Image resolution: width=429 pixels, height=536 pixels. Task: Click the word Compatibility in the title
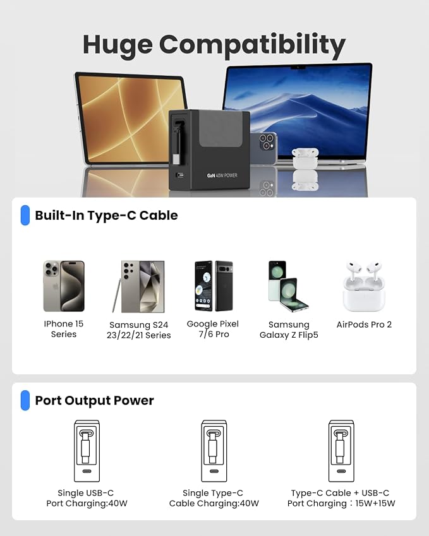(252, 45)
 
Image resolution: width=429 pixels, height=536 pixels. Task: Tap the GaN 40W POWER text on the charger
(222, 176)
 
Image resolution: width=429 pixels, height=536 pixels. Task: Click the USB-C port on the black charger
(180, 176)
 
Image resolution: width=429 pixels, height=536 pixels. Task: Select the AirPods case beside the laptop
(305, 158)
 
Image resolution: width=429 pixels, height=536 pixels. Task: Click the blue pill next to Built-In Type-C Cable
(25, 215)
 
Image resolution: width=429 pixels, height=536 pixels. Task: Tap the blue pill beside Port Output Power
(25, 400)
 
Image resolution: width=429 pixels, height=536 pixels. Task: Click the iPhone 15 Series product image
(64, 286)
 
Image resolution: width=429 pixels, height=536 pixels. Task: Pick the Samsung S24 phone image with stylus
(138, 287)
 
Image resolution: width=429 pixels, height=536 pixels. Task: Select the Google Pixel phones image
(214, 286)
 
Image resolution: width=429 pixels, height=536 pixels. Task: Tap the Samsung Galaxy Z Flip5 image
(288, 287)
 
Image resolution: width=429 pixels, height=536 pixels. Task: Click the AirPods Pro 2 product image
(364, 287)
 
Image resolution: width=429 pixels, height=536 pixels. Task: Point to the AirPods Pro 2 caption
(364, 325)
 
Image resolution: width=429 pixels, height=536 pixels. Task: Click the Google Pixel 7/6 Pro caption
(213, 329)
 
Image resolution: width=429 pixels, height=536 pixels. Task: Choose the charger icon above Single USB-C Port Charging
(87, 451)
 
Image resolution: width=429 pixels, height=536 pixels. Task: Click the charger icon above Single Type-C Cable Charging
(214, 451)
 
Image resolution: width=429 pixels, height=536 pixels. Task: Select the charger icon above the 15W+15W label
(341, 451)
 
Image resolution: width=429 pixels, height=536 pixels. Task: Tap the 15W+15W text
(375, 504)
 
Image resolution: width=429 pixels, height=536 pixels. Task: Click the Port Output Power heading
(94, 400)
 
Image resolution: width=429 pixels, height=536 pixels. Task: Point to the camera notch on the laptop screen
(298, 68)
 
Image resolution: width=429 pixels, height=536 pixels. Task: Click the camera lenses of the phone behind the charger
(266, 142)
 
